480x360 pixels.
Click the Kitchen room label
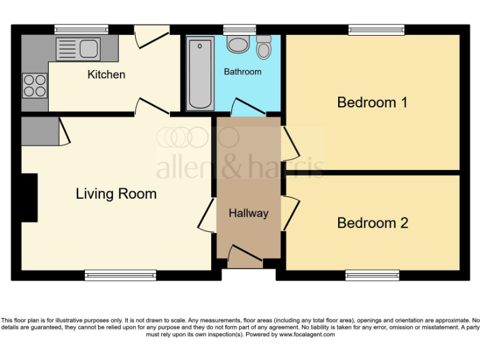pyautogui.click(x=106, y=74)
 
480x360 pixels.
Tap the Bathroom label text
pyautogui.click(x=242, y=72)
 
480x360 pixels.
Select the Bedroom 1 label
pyautogui.click(x=372, y=102)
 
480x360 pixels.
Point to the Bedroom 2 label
pyautogui.click(x=372, y=223)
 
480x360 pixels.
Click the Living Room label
pyautogui.click(x=116, y=194)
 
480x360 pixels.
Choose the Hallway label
pyautogui.click(x=248, y=213)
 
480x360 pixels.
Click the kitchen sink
pyautogui.click(x=77, y=47)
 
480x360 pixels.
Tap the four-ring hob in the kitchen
pyautogui.click(x=35, y=85)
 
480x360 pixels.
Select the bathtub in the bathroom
pyautogui.click(x=200, y=72)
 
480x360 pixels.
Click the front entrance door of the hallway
pyautogui.click(x=244, y=254)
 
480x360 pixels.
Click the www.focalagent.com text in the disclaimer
pyautogui.click(x=306, y=334)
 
